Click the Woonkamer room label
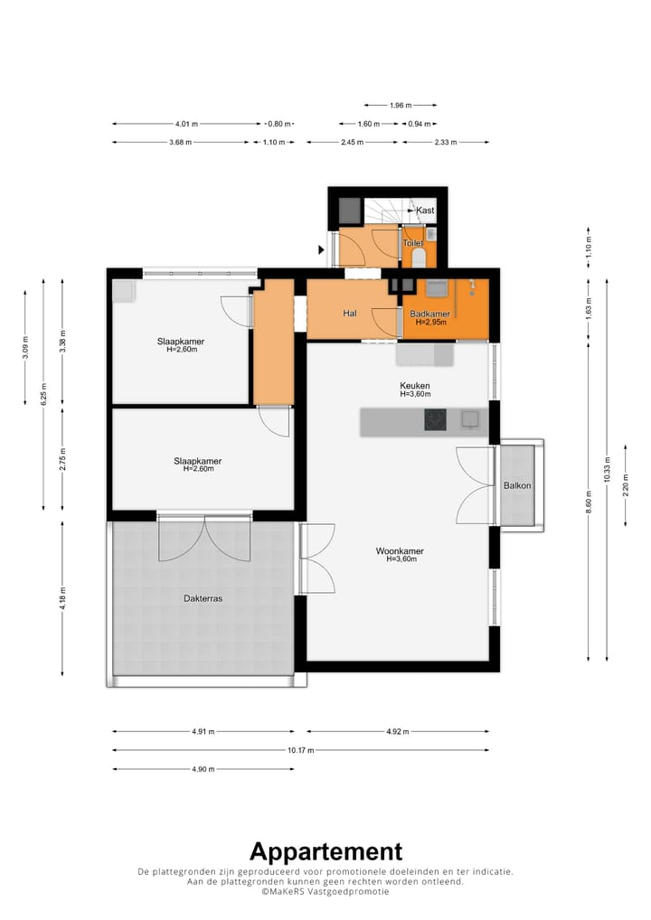[400, 551]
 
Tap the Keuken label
[414, 386]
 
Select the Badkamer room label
[429, 314]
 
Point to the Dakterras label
[203, 598]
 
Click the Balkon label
[517, 485]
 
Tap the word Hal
[350, 314]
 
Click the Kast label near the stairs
[425, 210]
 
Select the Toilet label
[412, 243]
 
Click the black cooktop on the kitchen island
[435, 419]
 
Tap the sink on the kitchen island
[470, 419]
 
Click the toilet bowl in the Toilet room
[420, 258]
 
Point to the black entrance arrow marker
[321, 250]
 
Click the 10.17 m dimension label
[300, 750]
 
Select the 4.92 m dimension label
[398, 732]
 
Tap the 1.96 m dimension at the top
[401, 106]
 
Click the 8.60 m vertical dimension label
[589, 502]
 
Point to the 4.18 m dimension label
[62, 598]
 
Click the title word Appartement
[325, 851]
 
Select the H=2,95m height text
[431, 322]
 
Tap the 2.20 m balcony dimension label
[626, 485]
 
